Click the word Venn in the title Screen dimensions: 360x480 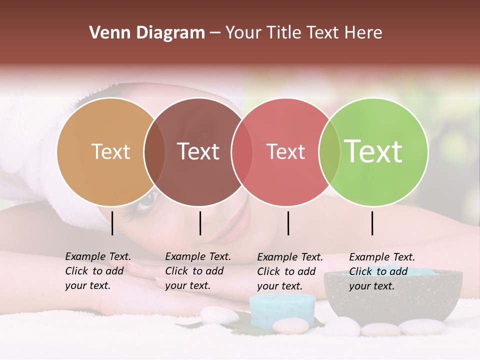click(x=108, y=33)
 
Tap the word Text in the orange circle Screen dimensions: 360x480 click(x=111, y=152)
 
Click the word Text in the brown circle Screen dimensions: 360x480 click(x=198, y=152)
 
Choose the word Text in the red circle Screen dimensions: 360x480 click(x=285, y=152)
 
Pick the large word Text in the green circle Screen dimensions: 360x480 click(x=373, y=152)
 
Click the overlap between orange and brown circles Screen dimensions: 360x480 click(x=154, y=152)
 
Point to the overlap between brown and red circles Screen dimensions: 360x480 click(x=242, y=152)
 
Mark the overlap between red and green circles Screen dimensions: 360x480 click(x=329, y=152)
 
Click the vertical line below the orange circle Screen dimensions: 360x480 click(x=112, y=223)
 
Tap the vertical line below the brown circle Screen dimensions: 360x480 click(x=200, y=223)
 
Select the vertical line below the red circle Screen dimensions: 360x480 click(x=288, y=223)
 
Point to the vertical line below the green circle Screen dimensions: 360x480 click(x=372, y=223)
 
